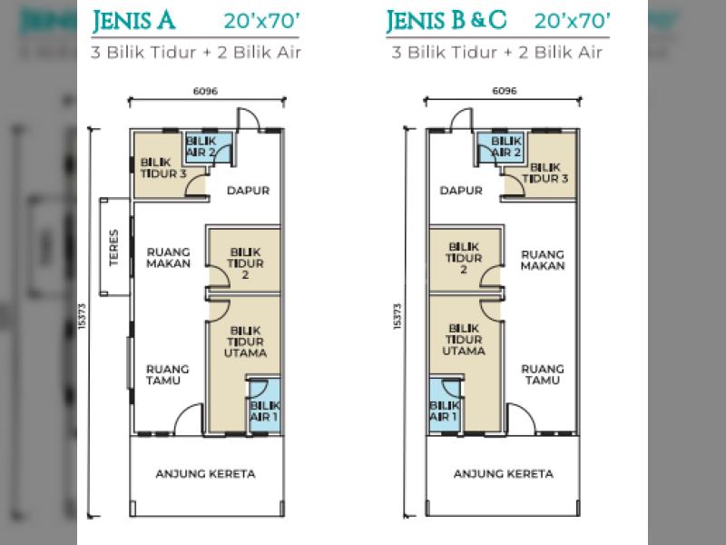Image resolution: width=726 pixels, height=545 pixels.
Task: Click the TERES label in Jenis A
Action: pyautogui.click(x=114, y=247)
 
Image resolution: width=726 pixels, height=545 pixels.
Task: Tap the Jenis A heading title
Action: pyautogui.click(x=133, y=21)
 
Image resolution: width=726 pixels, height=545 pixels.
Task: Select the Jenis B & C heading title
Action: pyautogui.click(x=446, y=21)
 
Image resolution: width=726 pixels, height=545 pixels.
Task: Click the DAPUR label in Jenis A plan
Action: pyautogui.click(x=248, y=190)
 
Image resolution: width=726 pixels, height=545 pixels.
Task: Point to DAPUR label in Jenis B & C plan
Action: pyautogui.click(x=461, y=190)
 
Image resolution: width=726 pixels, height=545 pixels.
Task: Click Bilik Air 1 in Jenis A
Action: pyautogui.click(x=265, y=411)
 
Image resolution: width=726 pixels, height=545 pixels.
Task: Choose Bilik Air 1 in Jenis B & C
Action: pyautogui.click(x=444, y=411)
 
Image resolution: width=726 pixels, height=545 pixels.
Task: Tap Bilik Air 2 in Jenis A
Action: pyautogui.click(x=201, y=146)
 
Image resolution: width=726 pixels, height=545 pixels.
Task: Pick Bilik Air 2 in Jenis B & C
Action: pyautogui.click(x=506, y=146)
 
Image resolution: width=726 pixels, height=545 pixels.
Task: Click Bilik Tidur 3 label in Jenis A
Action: pyautogui.click(x=163, y=168)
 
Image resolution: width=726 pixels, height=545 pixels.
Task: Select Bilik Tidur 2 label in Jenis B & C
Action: pyautogui.click(x=464, y=258)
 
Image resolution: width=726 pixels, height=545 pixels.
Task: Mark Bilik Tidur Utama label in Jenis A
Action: pyautogui.click(x=245, y=342)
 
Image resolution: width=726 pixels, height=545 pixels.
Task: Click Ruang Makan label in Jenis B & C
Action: pyautogui.click(x=543, y=260)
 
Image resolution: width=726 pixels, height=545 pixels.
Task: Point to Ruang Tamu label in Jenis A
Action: pyautogui.click(x=168, y=374)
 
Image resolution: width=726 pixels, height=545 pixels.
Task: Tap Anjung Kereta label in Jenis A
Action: pyautogui.click(x=206, y=473)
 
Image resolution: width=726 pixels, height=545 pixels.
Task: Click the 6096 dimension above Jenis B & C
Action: pyautogui.click(x=505, y=91)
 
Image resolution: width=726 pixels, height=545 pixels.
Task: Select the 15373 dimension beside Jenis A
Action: pyautogui.click(x=83, y=316)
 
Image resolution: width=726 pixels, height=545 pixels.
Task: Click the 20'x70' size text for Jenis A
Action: pyautogui.click(x=262, y=21)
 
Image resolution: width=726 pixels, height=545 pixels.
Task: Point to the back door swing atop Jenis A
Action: pyautogui.click(x=249, y=120)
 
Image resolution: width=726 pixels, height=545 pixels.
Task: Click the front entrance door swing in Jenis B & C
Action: pyautogui.click(x=522, y=419)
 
